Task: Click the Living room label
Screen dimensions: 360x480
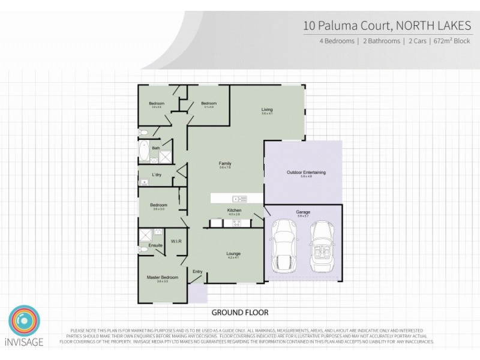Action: pyautogui.click(x=267, y=109)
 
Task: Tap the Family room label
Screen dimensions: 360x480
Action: pyautogui.click(x=225, y=163)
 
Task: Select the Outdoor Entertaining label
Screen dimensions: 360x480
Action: pyautogui.click(x=306, y=173)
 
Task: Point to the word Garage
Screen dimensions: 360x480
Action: pyautogui.click(x=303, y=212)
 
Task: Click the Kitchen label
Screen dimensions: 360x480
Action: pyautogui.click(x=234, y=210)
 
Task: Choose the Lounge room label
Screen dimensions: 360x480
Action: pyautogui.click(x=233, y=254)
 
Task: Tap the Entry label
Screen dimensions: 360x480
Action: pyautogui.click(x=197, y=271)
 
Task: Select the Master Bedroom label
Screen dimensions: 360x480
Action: pyautogui.click(x=163, y=277)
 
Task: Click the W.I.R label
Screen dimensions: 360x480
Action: pyautogui.click(x=176, y=241)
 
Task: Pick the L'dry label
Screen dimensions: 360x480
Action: pyautogui.click(x=157, y=175)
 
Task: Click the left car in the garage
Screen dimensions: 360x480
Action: pyautogui.click(x=283, y=245)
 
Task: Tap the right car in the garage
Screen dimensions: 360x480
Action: pyautogui.click(x=322, y=246)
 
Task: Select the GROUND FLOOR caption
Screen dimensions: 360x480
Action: pyautogui.click(x=240, y=313)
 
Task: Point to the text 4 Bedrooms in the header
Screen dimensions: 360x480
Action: pyautogui.click(x=337, y=41)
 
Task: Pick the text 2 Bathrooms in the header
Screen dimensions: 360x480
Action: pyautogui.click(x=380, y=41)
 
